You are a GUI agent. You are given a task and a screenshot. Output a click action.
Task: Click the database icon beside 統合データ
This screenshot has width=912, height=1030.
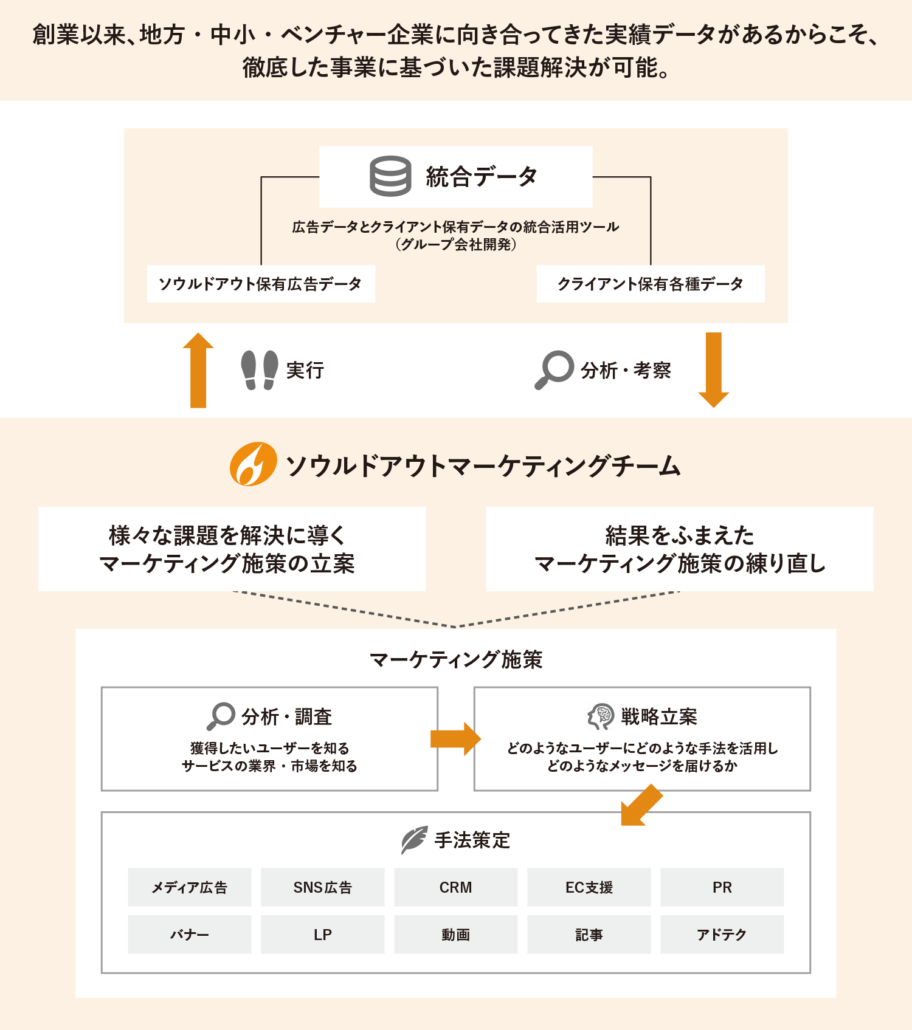pyautogui.click(x=390, y=176)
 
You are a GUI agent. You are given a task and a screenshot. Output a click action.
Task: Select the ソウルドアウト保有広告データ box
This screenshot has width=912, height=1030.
pyautogui.click(x=261, y=284)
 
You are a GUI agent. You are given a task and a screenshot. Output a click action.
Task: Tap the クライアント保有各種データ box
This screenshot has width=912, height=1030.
pyautogui.click(x=651, y=284)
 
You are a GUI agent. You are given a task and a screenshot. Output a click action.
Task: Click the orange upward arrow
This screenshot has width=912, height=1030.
pyautogui.click(x=198, y=370)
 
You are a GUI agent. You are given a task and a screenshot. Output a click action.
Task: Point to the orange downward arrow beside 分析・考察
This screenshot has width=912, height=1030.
pyautogui.click(x=713, y=370)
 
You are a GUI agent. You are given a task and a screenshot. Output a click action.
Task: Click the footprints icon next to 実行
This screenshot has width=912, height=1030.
pyautogui.click(x=260, y=370)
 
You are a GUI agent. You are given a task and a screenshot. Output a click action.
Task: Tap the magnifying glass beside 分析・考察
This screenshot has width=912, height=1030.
pyautogui.click(x=554, y=369)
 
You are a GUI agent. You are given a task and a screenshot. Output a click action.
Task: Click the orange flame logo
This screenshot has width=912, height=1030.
pyautogui.click(x=253, y=464)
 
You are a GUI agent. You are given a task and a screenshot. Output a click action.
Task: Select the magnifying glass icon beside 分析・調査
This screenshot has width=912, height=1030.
pyautogui.click(x=221, y=716)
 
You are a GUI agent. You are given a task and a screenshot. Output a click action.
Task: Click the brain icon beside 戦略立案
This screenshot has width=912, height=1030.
pyautogui.click(x=601, y=716)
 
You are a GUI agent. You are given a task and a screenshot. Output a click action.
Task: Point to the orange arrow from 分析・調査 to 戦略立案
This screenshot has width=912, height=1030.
pyautogui.click(x=455, y=739)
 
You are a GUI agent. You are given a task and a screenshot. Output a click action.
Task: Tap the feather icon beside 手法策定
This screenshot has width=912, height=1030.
pyautogui.click(x=414, y=840)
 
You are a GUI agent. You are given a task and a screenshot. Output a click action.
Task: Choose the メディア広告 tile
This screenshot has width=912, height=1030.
pyautogui.click(x=189, y=887)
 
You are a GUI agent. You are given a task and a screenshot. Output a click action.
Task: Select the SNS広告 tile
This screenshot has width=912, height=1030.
pyautogui.click(x=322, y=887)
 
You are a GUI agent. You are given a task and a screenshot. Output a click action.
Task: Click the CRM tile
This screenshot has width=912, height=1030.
pyautogui.click(x=455, y=887)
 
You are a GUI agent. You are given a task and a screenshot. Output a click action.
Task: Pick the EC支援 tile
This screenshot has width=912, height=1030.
pyautogui.click(x=589, y=887)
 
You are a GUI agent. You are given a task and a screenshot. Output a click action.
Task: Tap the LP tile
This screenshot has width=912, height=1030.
pyautogui.click(x=322, y=935)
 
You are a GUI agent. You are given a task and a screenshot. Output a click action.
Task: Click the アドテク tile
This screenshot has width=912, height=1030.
pyautogui.click(x=722, y=935)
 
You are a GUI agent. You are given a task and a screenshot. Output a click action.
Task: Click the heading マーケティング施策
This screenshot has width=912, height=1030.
pyautogui.click(x=455, y=659)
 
